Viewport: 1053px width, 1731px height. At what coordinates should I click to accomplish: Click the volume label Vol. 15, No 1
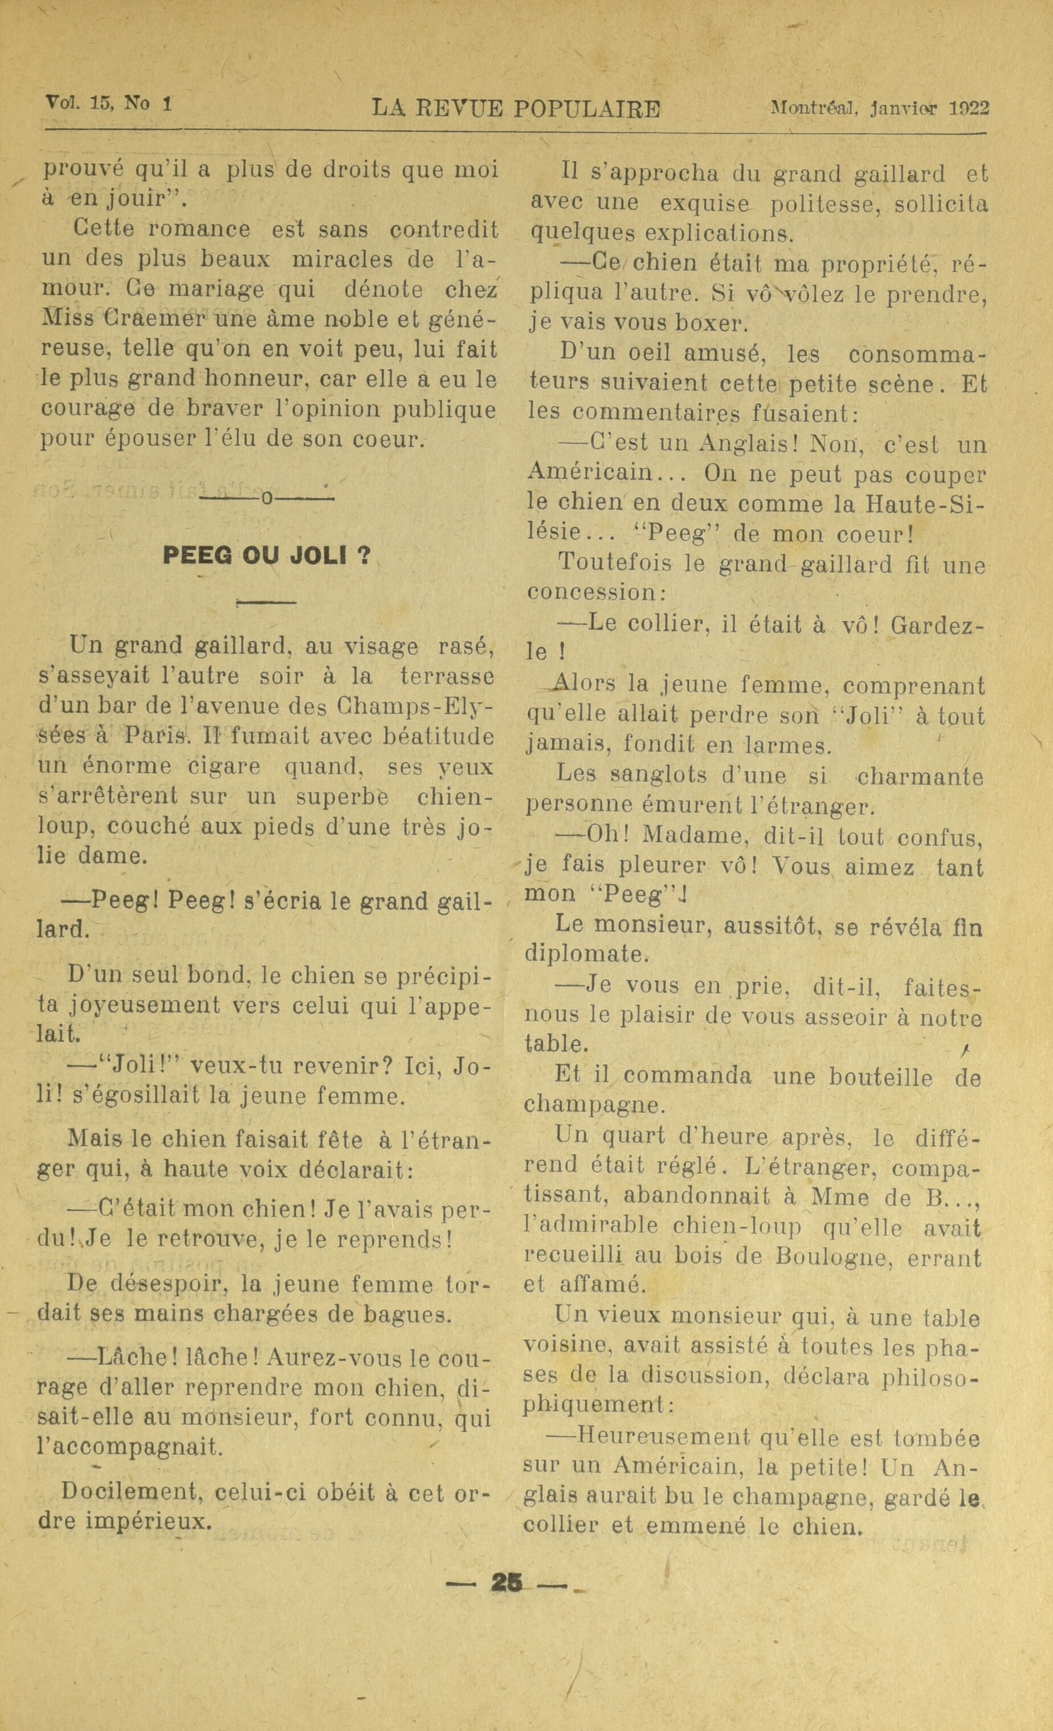click(109, 103)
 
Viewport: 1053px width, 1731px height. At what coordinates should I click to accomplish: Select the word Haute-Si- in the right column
click(926, 504)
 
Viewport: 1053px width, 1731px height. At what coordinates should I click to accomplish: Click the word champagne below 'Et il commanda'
click(594, 1105)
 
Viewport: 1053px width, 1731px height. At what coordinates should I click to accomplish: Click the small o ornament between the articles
click(266, 500)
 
